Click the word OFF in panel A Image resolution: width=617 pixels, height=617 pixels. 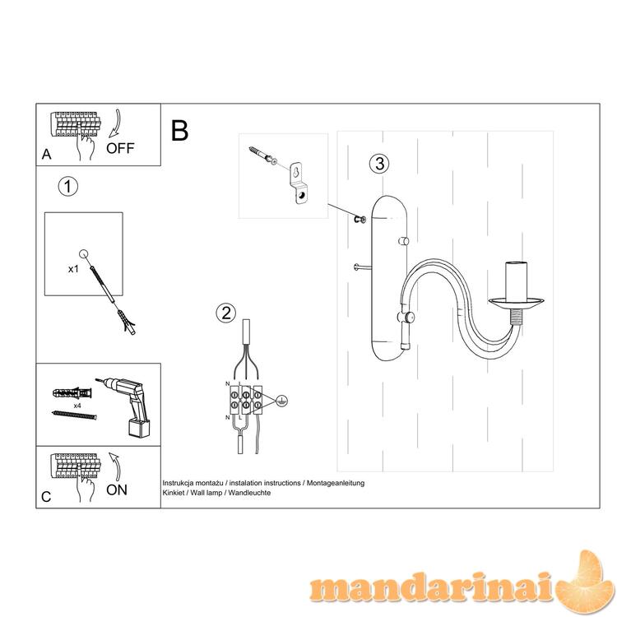tap(120, 148)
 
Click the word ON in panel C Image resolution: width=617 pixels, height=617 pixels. tap(117, 490)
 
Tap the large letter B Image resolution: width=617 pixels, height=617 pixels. tap(179, 130)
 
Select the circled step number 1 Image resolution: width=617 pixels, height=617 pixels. tap(68, 186)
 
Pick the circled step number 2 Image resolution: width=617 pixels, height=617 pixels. tap(226, 313)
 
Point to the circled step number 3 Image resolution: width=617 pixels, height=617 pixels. tap(379, 164)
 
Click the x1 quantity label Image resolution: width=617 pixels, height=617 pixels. tap(73, 269)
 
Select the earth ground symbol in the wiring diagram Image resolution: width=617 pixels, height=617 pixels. tap(281, 401)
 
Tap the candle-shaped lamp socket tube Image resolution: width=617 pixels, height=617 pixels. tap(517, 281)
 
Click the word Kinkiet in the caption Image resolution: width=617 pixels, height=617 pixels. tap(173, 493)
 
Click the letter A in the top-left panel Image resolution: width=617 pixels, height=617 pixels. tap(46, 155)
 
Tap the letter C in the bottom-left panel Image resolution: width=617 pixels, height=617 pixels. tap(46, 497)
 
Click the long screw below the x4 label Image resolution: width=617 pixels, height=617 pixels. tap(74, 415)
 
